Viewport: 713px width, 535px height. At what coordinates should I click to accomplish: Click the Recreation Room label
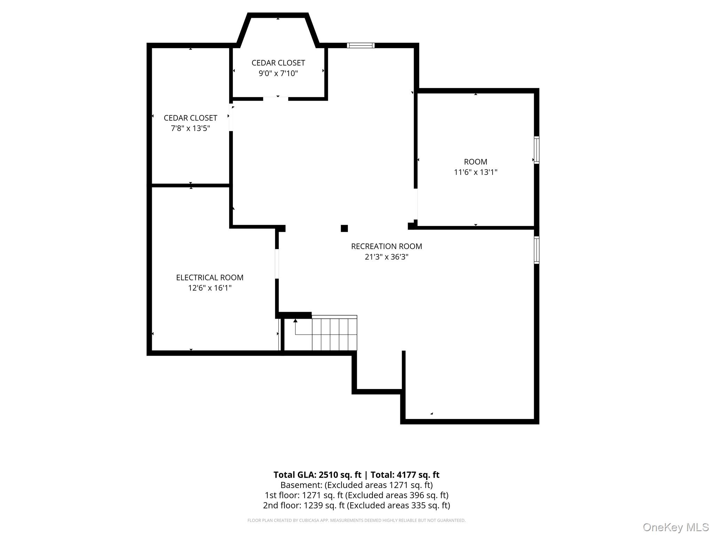(x=386, y=246)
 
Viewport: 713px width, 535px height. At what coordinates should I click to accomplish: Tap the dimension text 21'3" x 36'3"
(x=386, y=257)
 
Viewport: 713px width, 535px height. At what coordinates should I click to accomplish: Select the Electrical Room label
(x=210, y=278)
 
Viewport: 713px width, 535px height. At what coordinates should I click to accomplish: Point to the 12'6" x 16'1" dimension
(x=210, y=288)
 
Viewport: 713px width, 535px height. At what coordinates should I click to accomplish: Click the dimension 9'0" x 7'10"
(x=278, y=73)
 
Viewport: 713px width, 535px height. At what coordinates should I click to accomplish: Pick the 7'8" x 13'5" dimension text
(x=190, y=128)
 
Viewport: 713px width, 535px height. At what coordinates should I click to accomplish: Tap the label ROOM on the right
(x=476, y=162)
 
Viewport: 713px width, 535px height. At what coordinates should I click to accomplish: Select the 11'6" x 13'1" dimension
(x=476, y=172)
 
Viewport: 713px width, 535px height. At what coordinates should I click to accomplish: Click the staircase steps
(x=334, y=333)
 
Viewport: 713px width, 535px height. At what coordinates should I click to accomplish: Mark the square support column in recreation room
(x=344, y=228)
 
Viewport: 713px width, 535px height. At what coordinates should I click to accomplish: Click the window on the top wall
(x=361, y=45)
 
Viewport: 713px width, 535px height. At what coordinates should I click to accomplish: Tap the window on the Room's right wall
(x=537, y=150)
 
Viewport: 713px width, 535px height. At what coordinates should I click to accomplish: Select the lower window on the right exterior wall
(x=537, y=250)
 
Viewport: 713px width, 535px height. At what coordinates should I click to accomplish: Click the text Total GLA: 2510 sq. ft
(x=318, y=475)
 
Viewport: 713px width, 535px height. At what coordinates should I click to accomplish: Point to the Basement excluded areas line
(x=356, y=485)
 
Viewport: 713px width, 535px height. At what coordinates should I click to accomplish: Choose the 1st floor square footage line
(x=356, y=495)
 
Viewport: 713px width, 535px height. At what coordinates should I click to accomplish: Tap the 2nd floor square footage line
(x=356, y=505)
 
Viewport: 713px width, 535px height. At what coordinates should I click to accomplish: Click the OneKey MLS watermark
(x=676, y=527)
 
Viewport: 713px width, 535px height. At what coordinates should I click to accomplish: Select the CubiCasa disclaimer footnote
(x=356, y=520)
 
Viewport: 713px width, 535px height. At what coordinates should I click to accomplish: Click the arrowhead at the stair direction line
(x=296, y=320)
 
